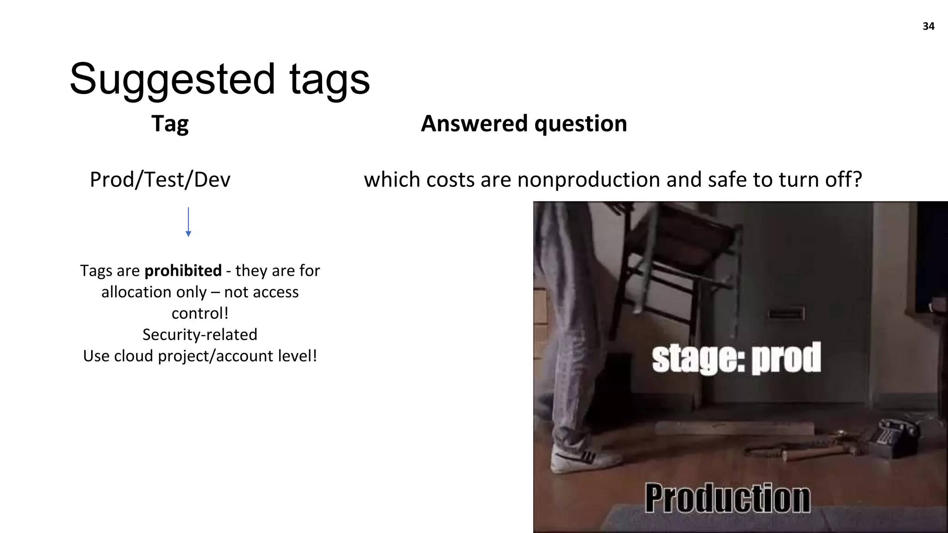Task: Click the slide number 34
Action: tap(928, 26)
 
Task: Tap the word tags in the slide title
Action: tap(329, 80)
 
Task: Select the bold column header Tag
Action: tap(170, 124)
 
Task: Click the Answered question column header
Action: tap(524, 124)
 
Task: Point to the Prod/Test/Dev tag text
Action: tap(160, 180)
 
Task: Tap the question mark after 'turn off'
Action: tap(857, 180)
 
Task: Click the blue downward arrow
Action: tap(188, 222)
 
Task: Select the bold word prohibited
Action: tap(183, 271)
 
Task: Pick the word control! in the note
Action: tap(200, 313)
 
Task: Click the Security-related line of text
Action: tap(200, 335)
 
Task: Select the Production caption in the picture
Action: tap(727, 498)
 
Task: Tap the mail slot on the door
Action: tap(786, 314)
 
